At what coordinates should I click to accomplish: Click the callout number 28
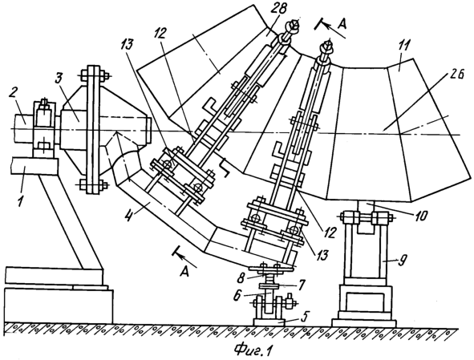[x=278, y=10]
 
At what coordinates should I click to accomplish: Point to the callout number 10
[x=420, y=216]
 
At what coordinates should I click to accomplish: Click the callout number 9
[x=403, y=260]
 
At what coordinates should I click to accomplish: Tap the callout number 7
[x=301, y=285]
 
